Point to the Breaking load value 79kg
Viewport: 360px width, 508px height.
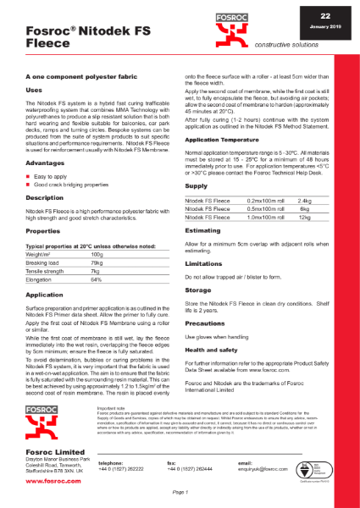click(x=97, y=262)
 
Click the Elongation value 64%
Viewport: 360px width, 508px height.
click(x=96, y=279)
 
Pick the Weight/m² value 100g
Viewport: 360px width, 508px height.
click(x=97, y=254)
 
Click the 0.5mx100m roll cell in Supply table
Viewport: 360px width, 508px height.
click(x=258, y=208)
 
